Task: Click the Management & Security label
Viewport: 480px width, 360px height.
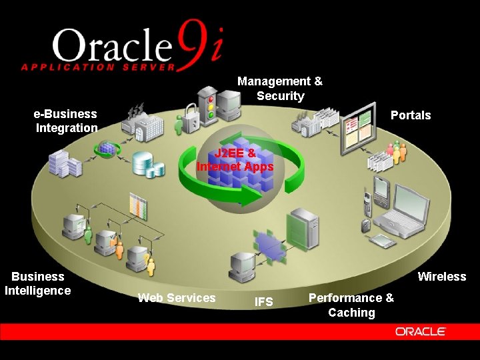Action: point(280,89)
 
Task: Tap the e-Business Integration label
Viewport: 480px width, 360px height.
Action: point(66,121)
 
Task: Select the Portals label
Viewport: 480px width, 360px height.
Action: point(410,115)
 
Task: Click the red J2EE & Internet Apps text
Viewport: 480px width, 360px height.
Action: point(235,160)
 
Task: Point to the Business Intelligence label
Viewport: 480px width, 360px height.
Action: point(38,283)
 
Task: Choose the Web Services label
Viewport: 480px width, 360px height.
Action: point(177,298)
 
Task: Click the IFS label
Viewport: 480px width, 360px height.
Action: point(264,302)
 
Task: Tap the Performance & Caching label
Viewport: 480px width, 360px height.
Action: point(351,305)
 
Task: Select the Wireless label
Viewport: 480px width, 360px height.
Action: point(441,277)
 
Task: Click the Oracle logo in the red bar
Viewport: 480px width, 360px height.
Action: point(420,331)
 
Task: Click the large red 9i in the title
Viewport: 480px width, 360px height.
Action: point(198,44)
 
